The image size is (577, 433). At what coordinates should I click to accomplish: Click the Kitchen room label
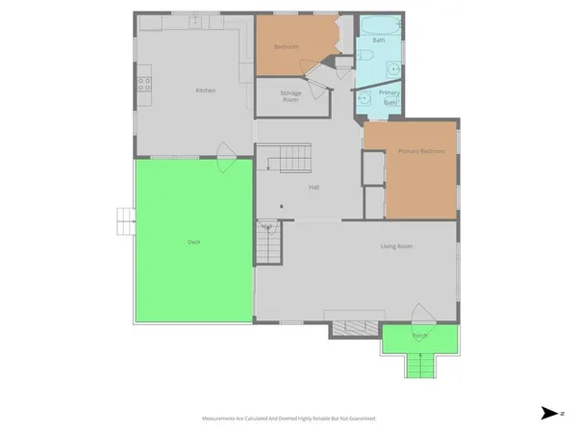coord(205,90)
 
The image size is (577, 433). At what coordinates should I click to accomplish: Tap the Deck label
coord(193,242)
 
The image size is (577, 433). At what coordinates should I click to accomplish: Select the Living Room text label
coord(396,247)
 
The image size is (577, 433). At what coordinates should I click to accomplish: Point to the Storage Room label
coord(290,95)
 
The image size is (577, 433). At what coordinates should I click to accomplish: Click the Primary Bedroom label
coord(421,151)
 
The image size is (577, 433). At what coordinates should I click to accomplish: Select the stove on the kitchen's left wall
coord(143,86)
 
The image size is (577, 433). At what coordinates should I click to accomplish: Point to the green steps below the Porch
coord(419,366)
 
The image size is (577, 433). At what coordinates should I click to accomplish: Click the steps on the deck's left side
coord(124,221)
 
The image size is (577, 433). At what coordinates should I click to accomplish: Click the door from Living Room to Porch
coord(420,314)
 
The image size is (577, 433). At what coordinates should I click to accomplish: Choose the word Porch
coord(419,336)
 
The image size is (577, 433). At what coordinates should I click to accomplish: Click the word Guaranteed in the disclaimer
coord(360,419)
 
